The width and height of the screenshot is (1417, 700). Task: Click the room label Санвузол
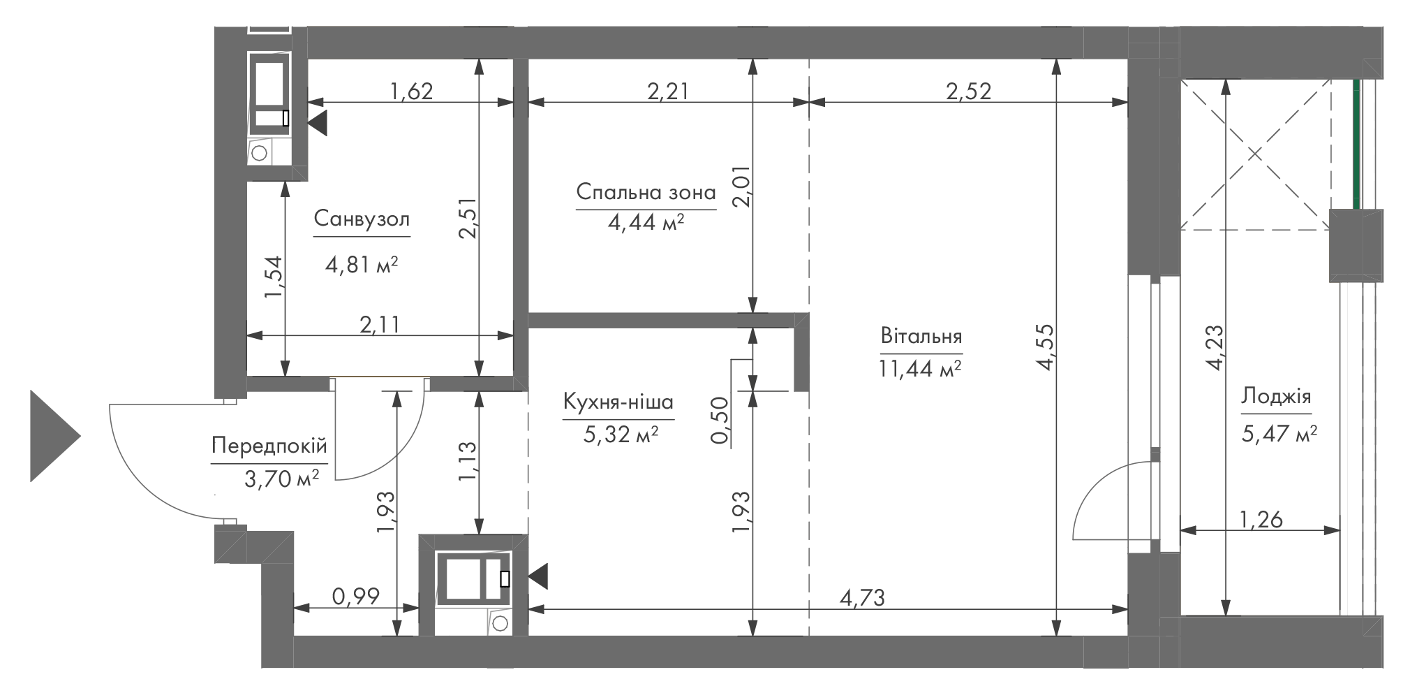362,219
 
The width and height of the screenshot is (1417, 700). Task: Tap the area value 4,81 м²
362,265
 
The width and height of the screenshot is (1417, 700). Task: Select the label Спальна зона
646,192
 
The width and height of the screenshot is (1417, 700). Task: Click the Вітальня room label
921,336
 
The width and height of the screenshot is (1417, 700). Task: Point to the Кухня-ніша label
618,402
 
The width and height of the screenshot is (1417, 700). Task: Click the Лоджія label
1276,397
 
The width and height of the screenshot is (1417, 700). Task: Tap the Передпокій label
269,446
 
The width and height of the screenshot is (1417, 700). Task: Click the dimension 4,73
863,597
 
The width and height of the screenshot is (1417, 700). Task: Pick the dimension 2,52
968,91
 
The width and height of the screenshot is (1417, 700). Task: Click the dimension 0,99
356,596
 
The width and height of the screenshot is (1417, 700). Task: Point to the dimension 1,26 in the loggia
1261,520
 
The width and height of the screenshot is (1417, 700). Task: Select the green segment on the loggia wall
1357,145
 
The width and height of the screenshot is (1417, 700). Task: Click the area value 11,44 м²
921,368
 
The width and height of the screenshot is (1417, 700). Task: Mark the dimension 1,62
411,91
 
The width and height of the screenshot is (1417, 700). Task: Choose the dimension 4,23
1215,347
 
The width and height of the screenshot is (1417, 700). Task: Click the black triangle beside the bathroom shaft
318,124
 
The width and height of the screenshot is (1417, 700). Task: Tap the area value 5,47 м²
1279,435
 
